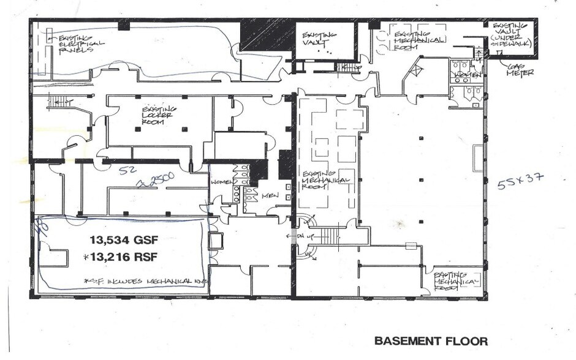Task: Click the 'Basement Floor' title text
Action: (431, 340)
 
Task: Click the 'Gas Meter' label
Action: (520, 69)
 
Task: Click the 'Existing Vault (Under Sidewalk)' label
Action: (512, 37)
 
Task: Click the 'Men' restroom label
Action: (270, 196)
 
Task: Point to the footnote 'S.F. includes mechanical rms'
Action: (146, 281)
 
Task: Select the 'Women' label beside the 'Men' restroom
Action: (221, 182)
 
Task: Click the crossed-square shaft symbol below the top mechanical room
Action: (417, 70)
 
